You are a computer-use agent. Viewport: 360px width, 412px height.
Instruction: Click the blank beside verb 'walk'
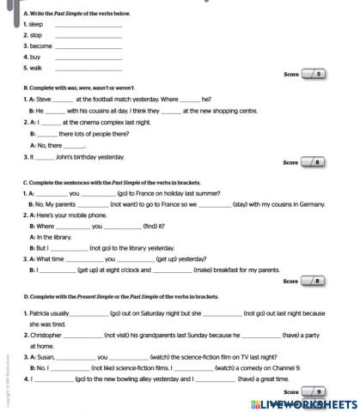[x=88, y=67]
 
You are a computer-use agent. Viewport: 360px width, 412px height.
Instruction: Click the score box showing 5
[x=314, y=75]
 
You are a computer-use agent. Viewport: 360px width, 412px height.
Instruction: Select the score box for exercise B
[x=314, y=161]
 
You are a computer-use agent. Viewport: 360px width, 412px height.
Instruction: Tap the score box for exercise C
[x=314, y=280]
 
